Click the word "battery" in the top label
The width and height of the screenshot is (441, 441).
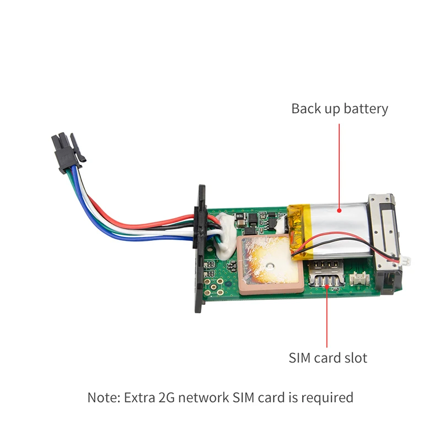365,109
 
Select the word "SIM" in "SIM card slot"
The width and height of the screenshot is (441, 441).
300,358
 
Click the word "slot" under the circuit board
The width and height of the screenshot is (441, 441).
356,358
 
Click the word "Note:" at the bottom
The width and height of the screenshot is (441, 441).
104,397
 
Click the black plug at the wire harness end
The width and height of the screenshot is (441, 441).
67,152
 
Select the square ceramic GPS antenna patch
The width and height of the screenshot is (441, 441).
268,264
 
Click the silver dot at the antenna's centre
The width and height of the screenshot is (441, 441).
270,265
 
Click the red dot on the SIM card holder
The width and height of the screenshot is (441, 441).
327,286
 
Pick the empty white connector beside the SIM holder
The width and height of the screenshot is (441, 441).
359,279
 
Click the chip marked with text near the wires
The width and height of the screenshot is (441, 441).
239,216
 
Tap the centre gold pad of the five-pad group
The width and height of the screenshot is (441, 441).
214,287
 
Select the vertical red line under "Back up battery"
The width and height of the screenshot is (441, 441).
339,166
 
